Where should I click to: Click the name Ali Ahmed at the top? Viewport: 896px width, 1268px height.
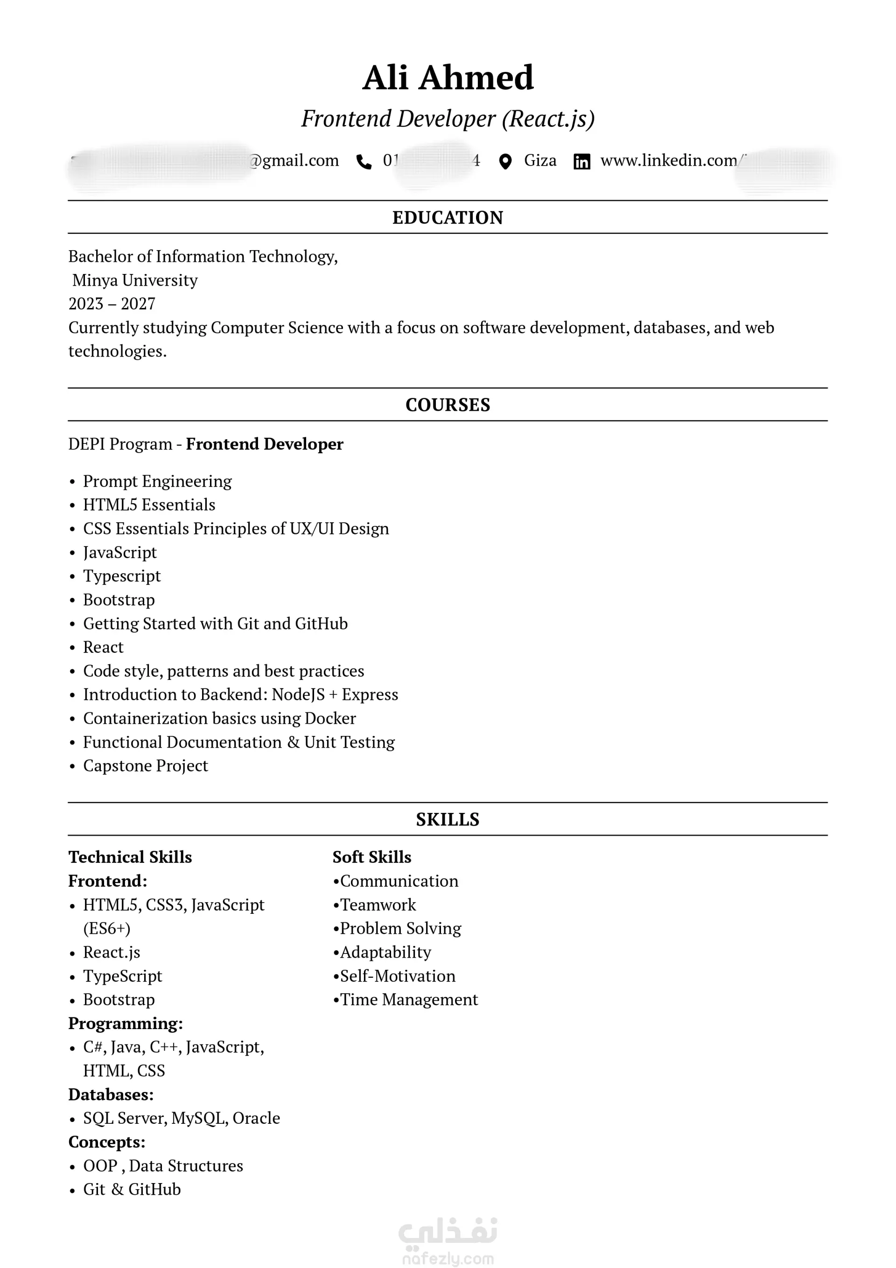click(x=448, y=77)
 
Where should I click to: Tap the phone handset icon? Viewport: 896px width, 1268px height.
click(x=364, y=161)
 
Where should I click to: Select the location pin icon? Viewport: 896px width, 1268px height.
click(x=504, y=161)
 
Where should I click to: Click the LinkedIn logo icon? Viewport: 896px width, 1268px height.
click(x=581, y=161)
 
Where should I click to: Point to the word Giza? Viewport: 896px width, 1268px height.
click(x=539, y=160)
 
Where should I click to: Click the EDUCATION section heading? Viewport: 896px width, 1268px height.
click(x=448, y=217)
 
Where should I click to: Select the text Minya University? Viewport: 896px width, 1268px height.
click(x=135, y=280)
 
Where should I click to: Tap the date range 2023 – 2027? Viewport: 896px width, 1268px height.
click(x=112, y=304)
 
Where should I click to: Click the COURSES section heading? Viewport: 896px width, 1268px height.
click(x=448, y=405)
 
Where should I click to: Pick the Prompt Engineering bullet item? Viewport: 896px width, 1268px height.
click(x=157, y=481)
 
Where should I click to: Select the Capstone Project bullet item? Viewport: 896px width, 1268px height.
click(x=145, y=765)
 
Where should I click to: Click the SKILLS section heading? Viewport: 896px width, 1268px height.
click(x=448, y=819)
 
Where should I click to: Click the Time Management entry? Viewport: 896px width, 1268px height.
click(x=409, y=999)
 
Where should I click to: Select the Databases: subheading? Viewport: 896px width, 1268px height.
click(x=111, y=1094)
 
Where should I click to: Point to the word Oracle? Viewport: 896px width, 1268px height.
click(x=256, y=1118)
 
